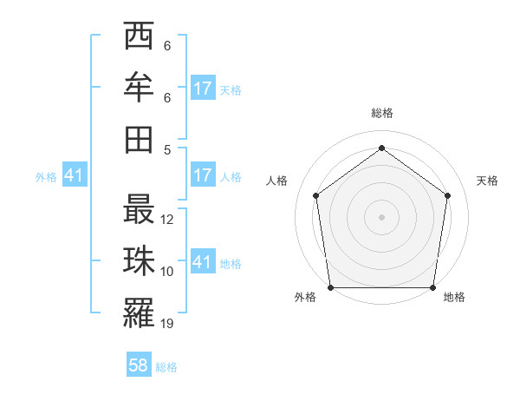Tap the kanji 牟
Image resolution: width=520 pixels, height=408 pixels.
click(140, 88)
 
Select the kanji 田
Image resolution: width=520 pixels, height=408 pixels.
click(140, 139)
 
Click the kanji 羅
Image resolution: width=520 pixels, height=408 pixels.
click(140, 313)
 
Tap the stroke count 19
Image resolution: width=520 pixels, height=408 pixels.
click(168, 324)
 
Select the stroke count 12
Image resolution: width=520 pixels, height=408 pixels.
click(168, 220)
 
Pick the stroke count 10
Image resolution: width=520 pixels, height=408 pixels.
click(168, 272)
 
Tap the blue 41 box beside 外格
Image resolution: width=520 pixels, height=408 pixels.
click(75, 175)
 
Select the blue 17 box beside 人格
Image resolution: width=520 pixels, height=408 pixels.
click(203, 175)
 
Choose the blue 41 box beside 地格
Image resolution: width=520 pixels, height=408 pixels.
click(203, 262)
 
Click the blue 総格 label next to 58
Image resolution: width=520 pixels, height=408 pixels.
click(166, 367)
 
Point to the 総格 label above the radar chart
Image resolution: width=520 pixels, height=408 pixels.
click(381, 113)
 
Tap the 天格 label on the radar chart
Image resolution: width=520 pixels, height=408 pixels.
click(488, 181)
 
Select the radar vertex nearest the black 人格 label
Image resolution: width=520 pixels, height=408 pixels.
click(315, 195)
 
